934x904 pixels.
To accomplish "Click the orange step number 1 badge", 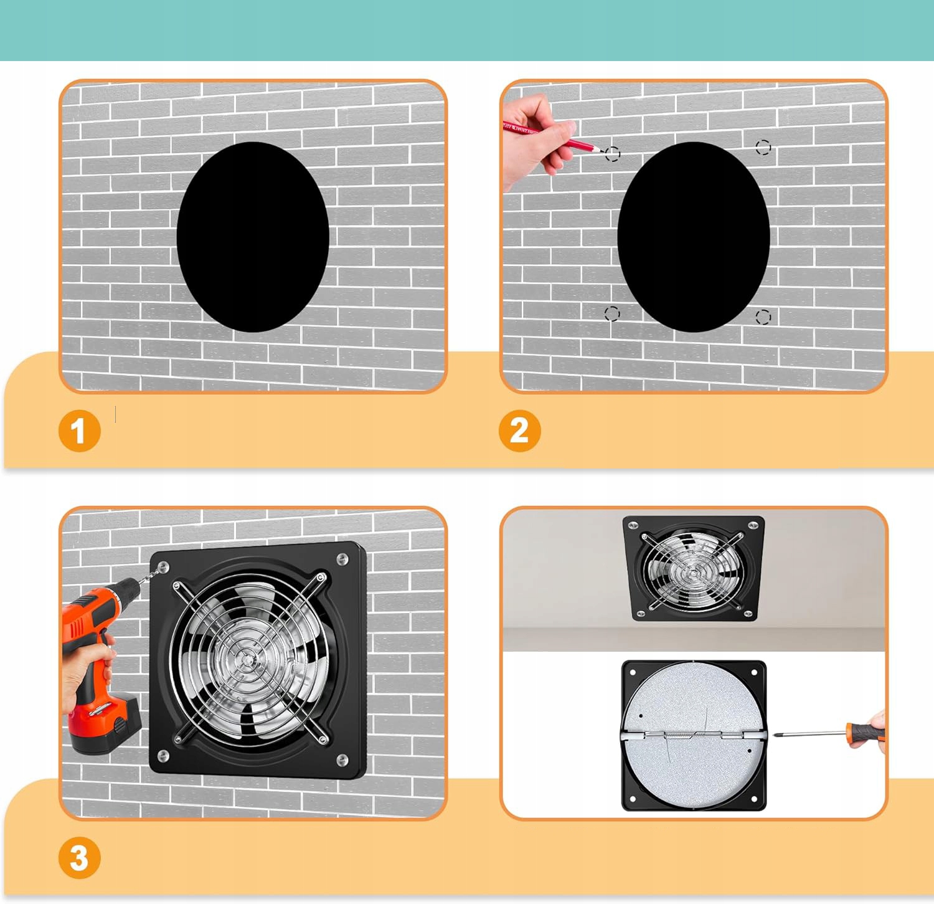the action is point(79,431).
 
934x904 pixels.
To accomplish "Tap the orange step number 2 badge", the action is point(520,431).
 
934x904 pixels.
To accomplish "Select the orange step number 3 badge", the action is point(79,858).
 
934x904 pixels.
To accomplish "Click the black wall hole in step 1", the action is point(253,237).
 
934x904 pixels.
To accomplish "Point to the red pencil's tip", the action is point(601,151).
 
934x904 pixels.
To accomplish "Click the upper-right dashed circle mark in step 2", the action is point(763,147).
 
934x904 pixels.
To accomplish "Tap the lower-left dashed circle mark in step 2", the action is point(612,313).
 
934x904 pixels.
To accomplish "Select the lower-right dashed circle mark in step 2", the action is point(763,317).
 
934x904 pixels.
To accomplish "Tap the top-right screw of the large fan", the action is point(341,559).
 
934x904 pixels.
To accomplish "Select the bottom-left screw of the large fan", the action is point(163,756).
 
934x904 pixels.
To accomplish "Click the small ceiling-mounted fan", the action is point(694,568).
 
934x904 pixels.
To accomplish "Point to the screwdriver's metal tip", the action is point(776,735).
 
